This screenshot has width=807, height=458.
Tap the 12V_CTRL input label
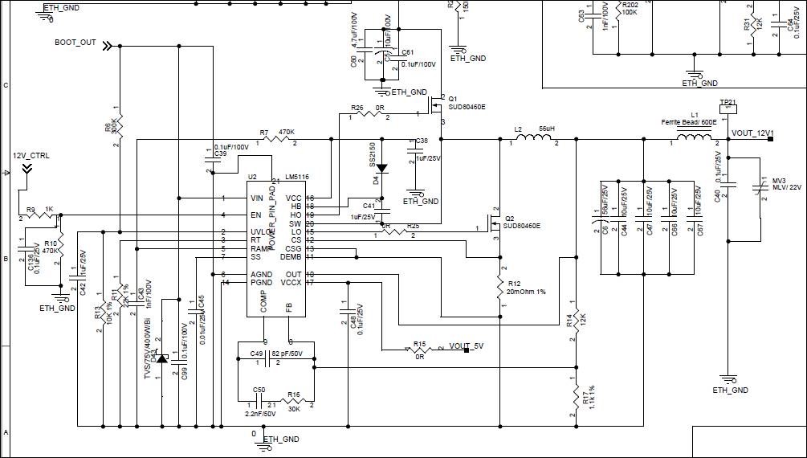[31, 156]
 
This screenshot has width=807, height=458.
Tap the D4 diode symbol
[382, 169]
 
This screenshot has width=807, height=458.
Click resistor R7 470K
[279, 140]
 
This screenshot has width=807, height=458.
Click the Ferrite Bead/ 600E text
[688, 121]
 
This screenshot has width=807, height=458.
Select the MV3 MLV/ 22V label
[786, 184]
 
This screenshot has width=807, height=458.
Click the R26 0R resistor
[368, 114]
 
